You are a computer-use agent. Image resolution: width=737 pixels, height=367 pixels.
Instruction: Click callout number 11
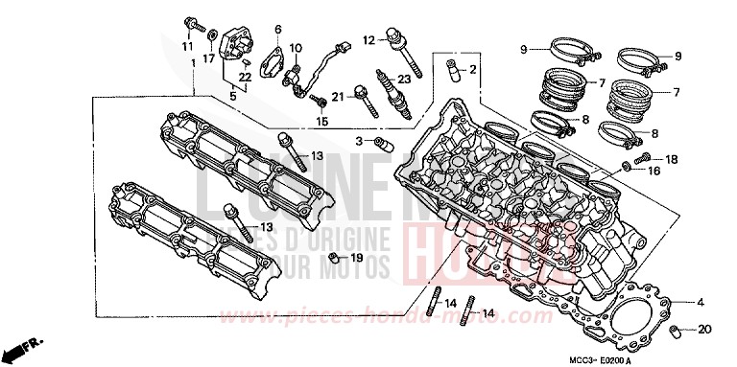pos(188,45)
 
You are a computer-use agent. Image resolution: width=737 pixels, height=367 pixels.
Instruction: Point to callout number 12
pos(368,40)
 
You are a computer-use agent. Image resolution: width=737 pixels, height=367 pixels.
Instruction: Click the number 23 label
pos(404,80)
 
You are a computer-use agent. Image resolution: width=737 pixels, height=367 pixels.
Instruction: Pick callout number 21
pos(338,96)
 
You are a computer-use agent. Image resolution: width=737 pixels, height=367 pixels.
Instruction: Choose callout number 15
pos(322,122)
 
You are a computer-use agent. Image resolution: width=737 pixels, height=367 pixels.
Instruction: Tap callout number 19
pos(356,258)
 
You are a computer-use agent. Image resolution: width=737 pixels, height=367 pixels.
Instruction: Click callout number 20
pos(705,329)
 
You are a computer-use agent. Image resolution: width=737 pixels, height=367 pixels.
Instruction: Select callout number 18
pos(671,159)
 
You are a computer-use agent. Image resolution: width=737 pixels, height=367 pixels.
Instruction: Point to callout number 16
pos(654,172)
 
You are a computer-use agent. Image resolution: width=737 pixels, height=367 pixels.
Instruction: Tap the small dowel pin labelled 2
pos(447,69)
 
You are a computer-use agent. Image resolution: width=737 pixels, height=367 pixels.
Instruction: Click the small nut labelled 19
pos(332,259)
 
